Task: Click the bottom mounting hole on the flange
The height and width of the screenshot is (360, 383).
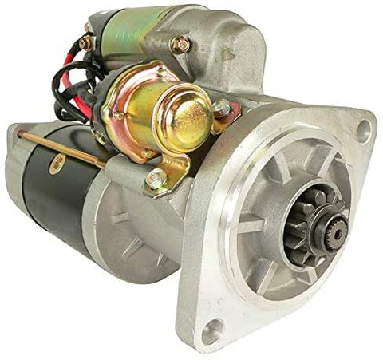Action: tap(213, 330)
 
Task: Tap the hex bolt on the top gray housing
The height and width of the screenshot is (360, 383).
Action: tap(182, 45)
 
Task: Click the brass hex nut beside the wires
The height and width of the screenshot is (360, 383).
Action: tap(86, 43)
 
